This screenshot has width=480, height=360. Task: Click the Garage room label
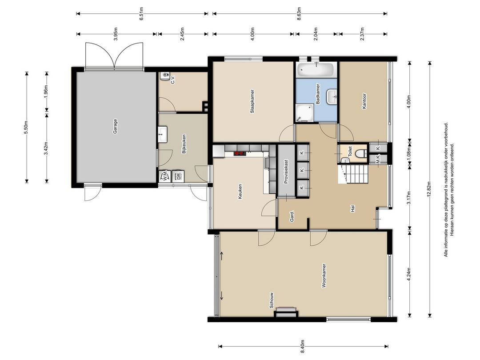click(115, 126)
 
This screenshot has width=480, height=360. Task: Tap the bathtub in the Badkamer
click(316, 70)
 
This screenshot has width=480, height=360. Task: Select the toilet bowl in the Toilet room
click(362, 153)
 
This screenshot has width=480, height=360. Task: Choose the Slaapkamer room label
click(252, 101)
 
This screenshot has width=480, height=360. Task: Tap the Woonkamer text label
click(324, 276)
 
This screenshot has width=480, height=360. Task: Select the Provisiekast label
click(286, 172)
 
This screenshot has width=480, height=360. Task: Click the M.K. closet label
click(378, 159)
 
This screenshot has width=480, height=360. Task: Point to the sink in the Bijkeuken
click(163, 134)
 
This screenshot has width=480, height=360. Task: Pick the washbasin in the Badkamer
click(332, 97)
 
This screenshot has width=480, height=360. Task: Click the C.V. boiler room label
click(173, 80)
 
